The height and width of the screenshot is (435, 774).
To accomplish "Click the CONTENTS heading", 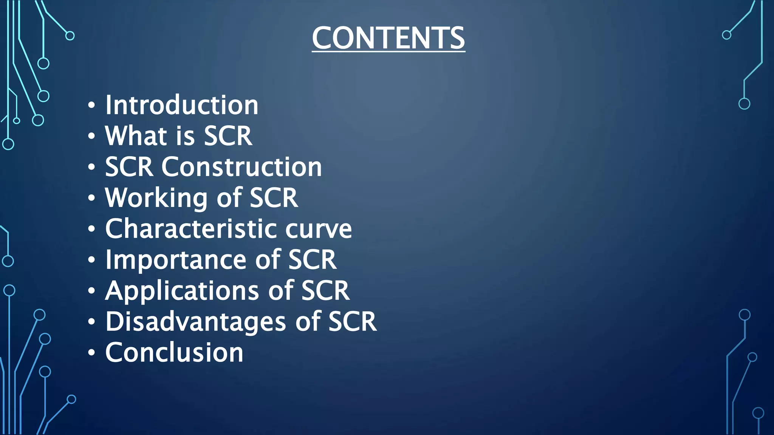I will (x=388, y=38).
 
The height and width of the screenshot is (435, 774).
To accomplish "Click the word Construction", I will (x=241, y=167).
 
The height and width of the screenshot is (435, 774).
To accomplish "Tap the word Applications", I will (x=182, y=291).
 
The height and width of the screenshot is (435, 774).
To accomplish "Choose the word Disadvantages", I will (x=195, y=322).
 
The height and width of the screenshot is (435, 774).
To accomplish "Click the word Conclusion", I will (x=174, y=353).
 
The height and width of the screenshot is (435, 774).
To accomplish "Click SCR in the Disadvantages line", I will (x=352, y=322).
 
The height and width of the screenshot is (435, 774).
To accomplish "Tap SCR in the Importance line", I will (x=312, y=260).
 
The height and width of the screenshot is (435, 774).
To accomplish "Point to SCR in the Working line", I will (x=274, y=198).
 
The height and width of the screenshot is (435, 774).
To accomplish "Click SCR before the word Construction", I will (x=129, y=167).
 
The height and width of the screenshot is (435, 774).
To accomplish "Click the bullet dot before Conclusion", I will (x=91, y=353).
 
